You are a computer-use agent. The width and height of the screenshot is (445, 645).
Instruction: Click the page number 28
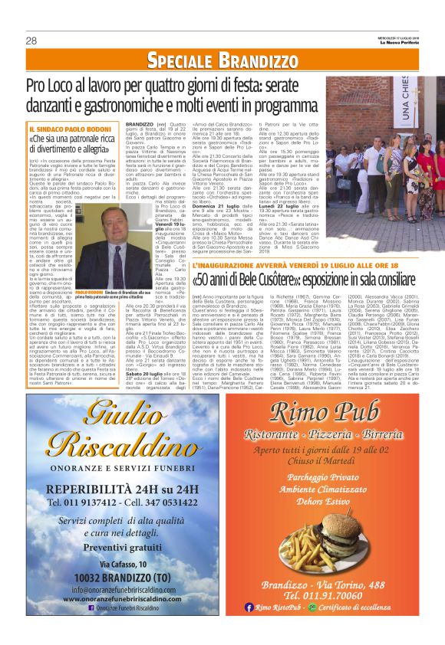[31, 40]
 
